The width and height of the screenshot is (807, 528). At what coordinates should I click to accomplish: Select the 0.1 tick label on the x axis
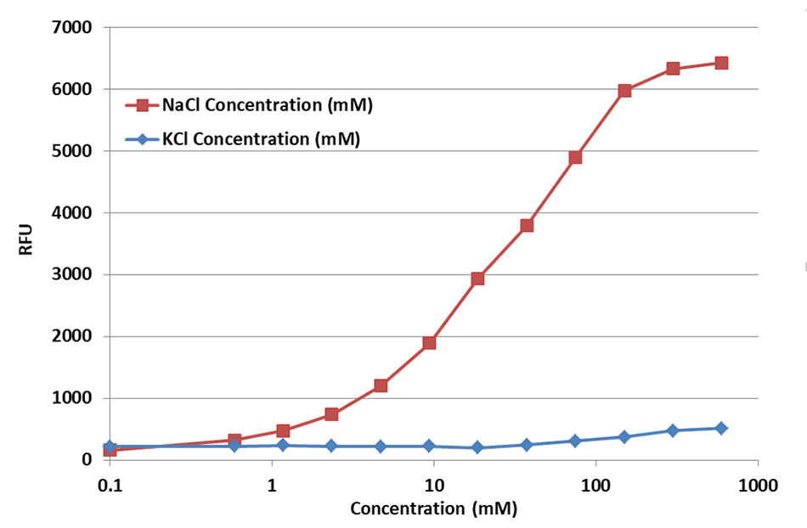pyautogui.click(x=108, y=487)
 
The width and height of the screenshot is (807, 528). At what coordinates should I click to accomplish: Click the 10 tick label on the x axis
pyautogui.click(x=434, y=487)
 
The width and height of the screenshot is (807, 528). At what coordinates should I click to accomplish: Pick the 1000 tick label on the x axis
pyautogui.click(x=758, y=487)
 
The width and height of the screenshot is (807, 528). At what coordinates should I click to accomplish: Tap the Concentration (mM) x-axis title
pyautogui.click(x=433, y=509)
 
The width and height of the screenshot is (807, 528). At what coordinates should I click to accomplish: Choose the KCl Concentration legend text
pyautogui.click(x=261, y=139)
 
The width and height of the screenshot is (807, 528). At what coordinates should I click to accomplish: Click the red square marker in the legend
pyautogui.click(x=143, y=105)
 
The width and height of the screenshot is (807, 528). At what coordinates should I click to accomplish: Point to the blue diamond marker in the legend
pyautogui.click(x=143, y=139)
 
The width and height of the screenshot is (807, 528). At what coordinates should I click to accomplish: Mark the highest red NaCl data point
pyautogui.click(x=721, y=63)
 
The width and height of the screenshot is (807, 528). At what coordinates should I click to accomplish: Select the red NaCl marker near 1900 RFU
pyautogui.click(x=429, y=343)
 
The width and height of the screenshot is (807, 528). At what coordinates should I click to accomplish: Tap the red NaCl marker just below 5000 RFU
pyautogui.click(x=575, y=157)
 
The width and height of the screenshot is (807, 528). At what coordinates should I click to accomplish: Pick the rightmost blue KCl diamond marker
pyautogui.click(x=721, y=428)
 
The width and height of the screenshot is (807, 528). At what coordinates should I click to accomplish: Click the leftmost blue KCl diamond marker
pyautogui.click(x=109, y=447)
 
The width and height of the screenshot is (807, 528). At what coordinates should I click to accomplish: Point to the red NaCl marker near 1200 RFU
pyautogui.click(x=381, y=385)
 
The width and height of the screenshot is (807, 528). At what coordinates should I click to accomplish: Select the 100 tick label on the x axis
pyautogui.click(x=595, y=487)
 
